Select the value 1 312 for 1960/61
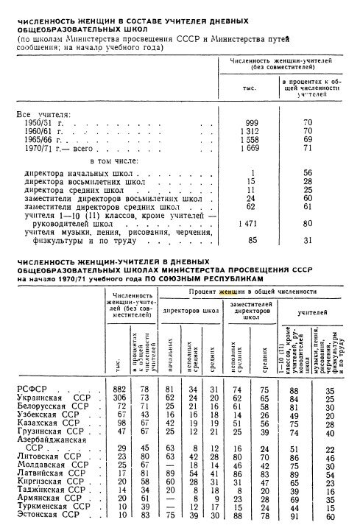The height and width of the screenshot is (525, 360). pyautogui.click(x=250, y=130)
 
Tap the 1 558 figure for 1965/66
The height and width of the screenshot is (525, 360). pyautogui.click(x=250, y=138)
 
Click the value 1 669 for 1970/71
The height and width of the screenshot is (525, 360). pyautogui.click(x=250, y=147)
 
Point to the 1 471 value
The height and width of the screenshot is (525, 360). pyautogui.click(x=250, y=222)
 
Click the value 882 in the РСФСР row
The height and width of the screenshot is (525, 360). pyautogui.click(x=119, y=389)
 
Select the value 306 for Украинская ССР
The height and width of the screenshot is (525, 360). pyautogui.click(x=119, y=398)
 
